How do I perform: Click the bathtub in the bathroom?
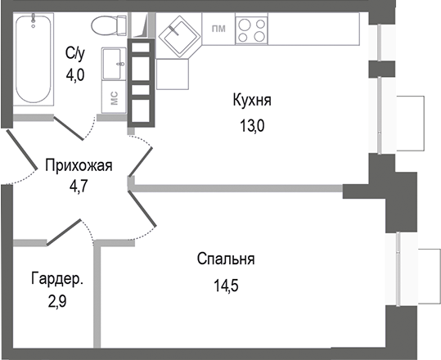tap(30, 60)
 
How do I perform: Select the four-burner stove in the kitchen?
tap(252, 31)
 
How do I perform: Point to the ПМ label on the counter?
tap(218, 29)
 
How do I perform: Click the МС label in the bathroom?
tap(115, 97)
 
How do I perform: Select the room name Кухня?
tap(252, 101)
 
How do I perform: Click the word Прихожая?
tap(78, 165)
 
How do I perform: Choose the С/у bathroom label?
tap(75, 54)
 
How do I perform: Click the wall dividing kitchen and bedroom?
tap(237, 189)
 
